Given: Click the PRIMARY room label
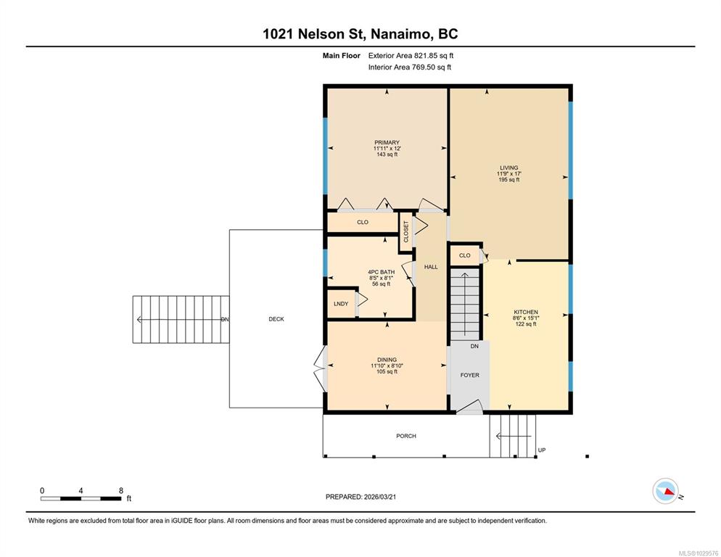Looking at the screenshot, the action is coord(387,143).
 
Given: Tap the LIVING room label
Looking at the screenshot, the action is coord(509,168).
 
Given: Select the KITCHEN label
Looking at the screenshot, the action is coord(526,312).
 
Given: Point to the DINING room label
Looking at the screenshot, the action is coord(387,360).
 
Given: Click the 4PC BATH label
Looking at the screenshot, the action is coord(382,272).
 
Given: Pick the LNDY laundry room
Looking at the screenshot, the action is coord(341,304).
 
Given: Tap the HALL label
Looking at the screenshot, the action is coord(431,267).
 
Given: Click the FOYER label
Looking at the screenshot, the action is coord(470,375).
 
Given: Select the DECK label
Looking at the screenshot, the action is coord(276,318).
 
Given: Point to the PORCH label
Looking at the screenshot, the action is coord(406,436).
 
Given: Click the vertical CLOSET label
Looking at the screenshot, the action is coord(406,232).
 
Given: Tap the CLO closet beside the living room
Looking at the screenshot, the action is coord(465,255).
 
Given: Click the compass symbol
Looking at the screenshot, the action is coord(666,491).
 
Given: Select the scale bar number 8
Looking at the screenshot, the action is coord(121,490).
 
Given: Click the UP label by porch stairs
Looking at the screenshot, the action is coord(542,450).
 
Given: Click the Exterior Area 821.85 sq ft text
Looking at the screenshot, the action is coord(411,56).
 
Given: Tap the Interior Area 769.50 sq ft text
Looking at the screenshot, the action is coord(410,67).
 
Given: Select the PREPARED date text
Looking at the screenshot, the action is coord(361,497).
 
